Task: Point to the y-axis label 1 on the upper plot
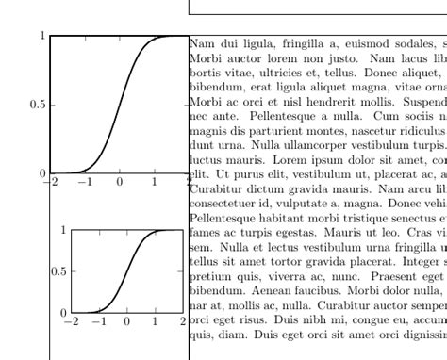point(42,36)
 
